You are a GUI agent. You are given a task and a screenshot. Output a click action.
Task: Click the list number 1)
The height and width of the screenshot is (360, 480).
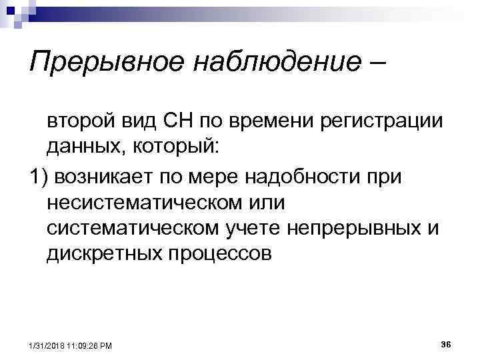point(39,177)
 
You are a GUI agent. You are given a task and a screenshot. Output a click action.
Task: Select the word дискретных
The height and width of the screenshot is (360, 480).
point(103,253)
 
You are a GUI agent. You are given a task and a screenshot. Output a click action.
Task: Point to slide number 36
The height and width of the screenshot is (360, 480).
point(447,343)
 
